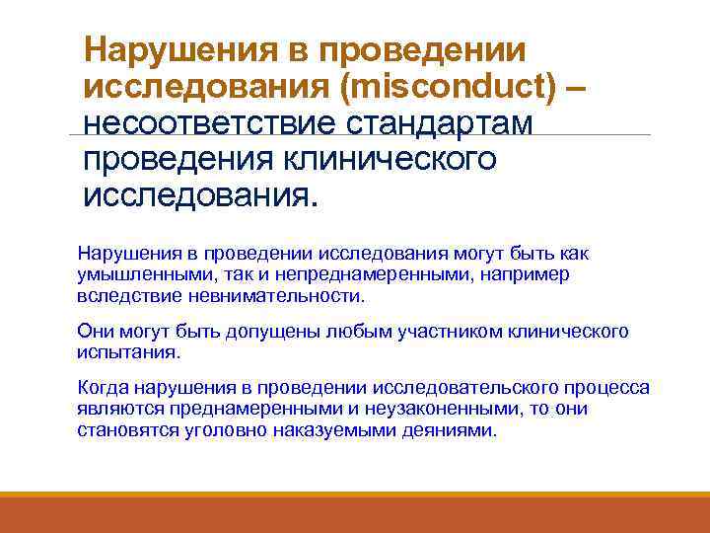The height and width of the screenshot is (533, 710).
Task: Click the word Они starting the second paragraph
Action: tap(93, 331)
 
